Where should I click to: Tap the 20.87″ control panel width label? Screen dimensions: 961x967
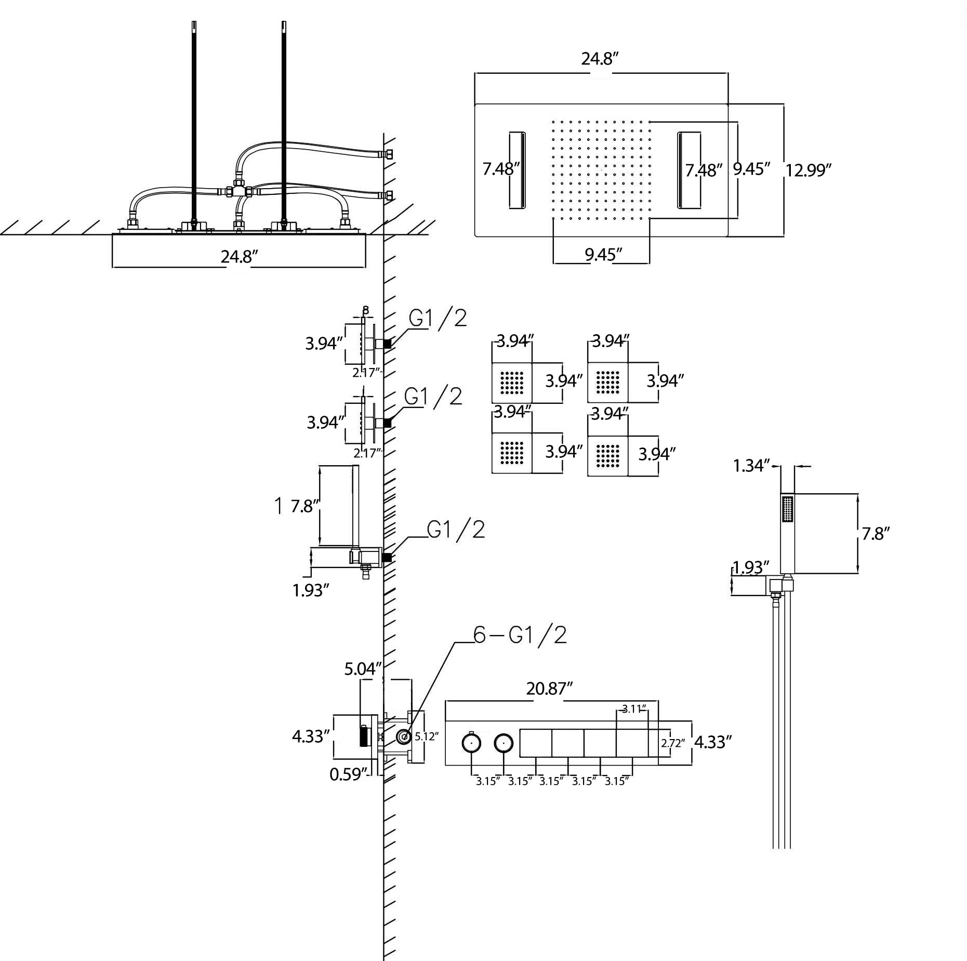click(x=549, y=689)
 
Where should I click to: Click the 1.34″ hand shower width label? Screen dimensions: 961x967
click(x=751, y=465)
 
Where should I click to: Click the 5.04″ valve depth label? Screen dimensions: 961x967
click(x=363, y=668)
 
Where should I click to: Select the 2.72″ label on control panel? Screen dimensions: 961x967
click(x=672, y=743)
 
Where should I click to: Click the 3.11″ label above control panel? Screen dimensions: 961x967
click(x=633, y=709)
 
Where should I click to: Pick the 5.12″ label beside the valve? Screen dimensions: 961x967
click(x=426, y=736)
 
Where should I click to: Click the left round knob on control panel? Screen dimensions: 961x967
click(x=471, y=743)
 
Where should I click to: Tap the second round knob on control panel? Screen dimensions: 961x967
click(x=503, y=743)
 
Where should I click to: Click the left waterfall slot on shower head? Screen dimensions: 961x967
click(x=517, y=170)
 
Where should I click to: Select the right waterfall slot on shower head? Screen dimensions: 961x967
click(x=688, y=170)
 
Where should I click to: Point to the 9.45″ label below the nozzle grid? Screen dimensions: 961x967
click(x=603, y=254)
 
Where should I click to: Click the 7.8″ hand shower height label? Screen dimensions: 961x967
click(x=876, y=534)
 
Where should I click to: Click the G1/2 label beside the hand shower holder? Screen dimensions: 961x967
click(x=456, y=530)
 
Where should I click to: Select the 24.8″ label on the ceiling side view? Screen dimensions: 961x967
click(x=239, y=256)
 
